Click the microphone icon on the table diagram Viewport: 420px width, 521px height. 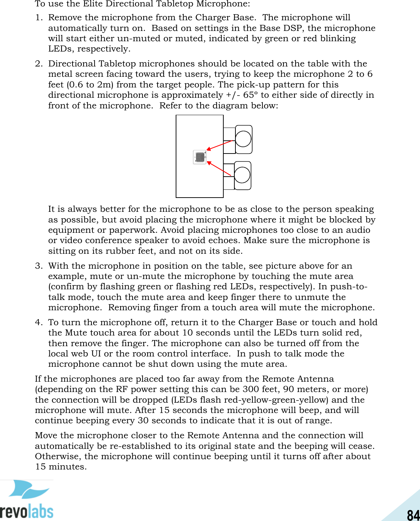tap(200, 157)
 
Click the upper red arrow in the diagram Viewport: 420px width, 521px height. tap(219, 145)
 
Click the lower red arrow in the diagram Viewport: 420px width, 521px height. tap(219, 168)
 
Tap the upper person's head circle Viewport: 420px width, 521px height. tap(243, 139)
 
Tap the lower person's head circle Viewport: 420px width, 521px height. tap(242, 175)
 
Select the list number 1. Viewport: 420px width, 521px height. tap(38, 18)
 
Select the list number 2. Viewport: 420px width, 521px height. tap(38, 64)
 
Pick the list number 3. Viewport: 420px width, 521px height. tap(38, 266)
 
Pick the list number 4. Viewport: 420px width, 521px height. tap(38, 323)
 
